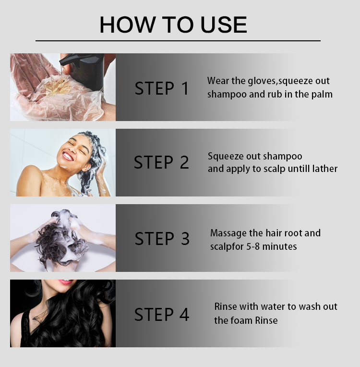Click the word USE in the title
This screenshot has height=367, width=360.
point(224,24)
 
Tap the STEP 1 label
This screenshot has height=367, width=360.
point(162,88)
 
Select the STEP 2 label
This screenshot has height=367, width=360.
point(161,162)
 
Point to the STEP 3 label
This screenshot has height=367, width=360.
point(162,239)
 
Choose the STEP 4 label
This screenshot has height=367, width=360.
point(162,314)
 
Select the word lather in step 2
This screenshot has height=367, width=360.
point(326,169)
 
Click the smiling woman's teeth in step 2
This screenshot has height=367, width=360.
point(68,156)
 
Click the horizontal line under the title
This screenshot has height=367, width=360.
point(178,41)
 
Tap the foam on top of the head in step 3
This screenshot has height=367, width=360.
point(68,217)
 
